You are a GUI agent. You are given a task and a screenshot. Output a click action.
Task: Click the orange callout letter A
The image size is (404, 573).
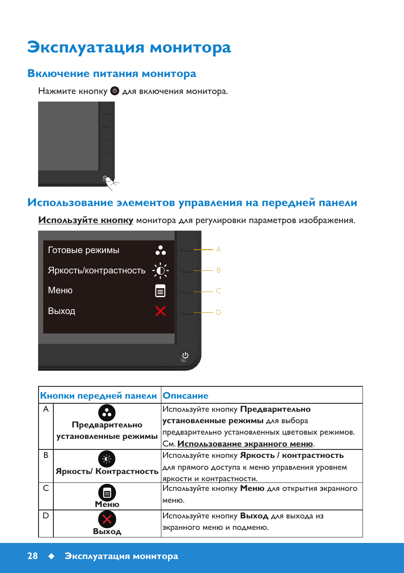coord(219,249)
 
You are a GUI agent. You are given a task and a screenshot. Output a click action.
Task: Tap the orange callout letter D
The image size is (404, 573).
coord(219,312)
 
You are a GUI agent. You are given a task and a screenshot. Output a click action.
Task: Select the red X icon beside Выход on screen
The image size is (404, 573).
coord(160,311)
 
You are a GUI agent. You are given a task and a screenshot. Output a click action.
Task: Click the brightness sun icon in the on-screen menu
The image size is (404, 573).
coord(160,270)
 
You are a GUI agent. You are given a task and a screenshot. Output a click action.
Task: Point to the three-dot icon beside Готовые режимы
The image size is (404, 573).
coord(160,250)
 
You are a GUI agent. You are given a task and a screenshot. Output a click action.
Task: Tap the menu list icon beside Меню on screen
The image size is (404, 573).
coord(160,291)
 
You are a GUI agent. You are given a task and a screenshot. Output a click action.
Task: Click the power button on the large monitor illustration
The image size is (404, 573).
coord(185,355)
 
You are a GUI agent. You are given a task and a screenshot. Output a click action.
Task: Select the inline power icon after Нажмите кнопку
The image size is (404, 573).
coord(115,91)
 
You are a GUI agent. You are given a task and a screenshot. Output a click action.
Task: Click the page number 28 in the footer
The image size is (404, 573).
coord(33,556)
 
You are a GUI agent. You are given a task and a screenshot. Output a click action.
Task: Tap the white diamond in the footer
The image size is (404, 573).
coord(52,556)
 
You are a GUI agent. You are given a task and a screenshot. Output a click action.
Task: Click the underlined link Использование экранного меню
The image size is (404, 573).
coord(245,444)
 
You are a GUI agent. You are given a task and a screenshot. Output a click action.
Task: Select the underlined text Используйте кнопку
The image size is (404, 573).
coord(86,220)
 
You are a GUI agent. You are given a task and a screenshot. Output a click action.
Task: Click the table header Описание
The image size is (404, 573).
coord(185,396)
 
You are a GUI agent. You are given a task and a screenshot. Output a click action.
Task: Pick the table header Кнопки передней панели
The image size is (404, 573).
coord(98,396)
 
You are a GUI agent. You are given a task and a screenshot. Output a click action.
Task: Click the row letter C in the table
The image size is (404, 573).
coord(46,488)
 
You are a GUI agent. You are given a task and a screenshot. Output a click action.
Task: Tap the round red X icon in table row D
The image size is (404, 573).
coord(107,519)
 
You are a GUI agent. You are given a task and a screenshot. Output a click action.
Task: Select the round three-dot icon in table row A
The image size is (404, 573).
coord(107,413)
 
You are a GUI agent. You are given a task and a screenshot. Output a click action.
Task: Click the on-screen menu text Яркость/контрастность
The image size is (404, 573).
coord(97,270)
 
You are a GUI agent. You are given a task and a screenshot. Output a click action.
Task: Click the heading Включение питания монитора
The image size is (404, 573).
coord(112,73)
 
